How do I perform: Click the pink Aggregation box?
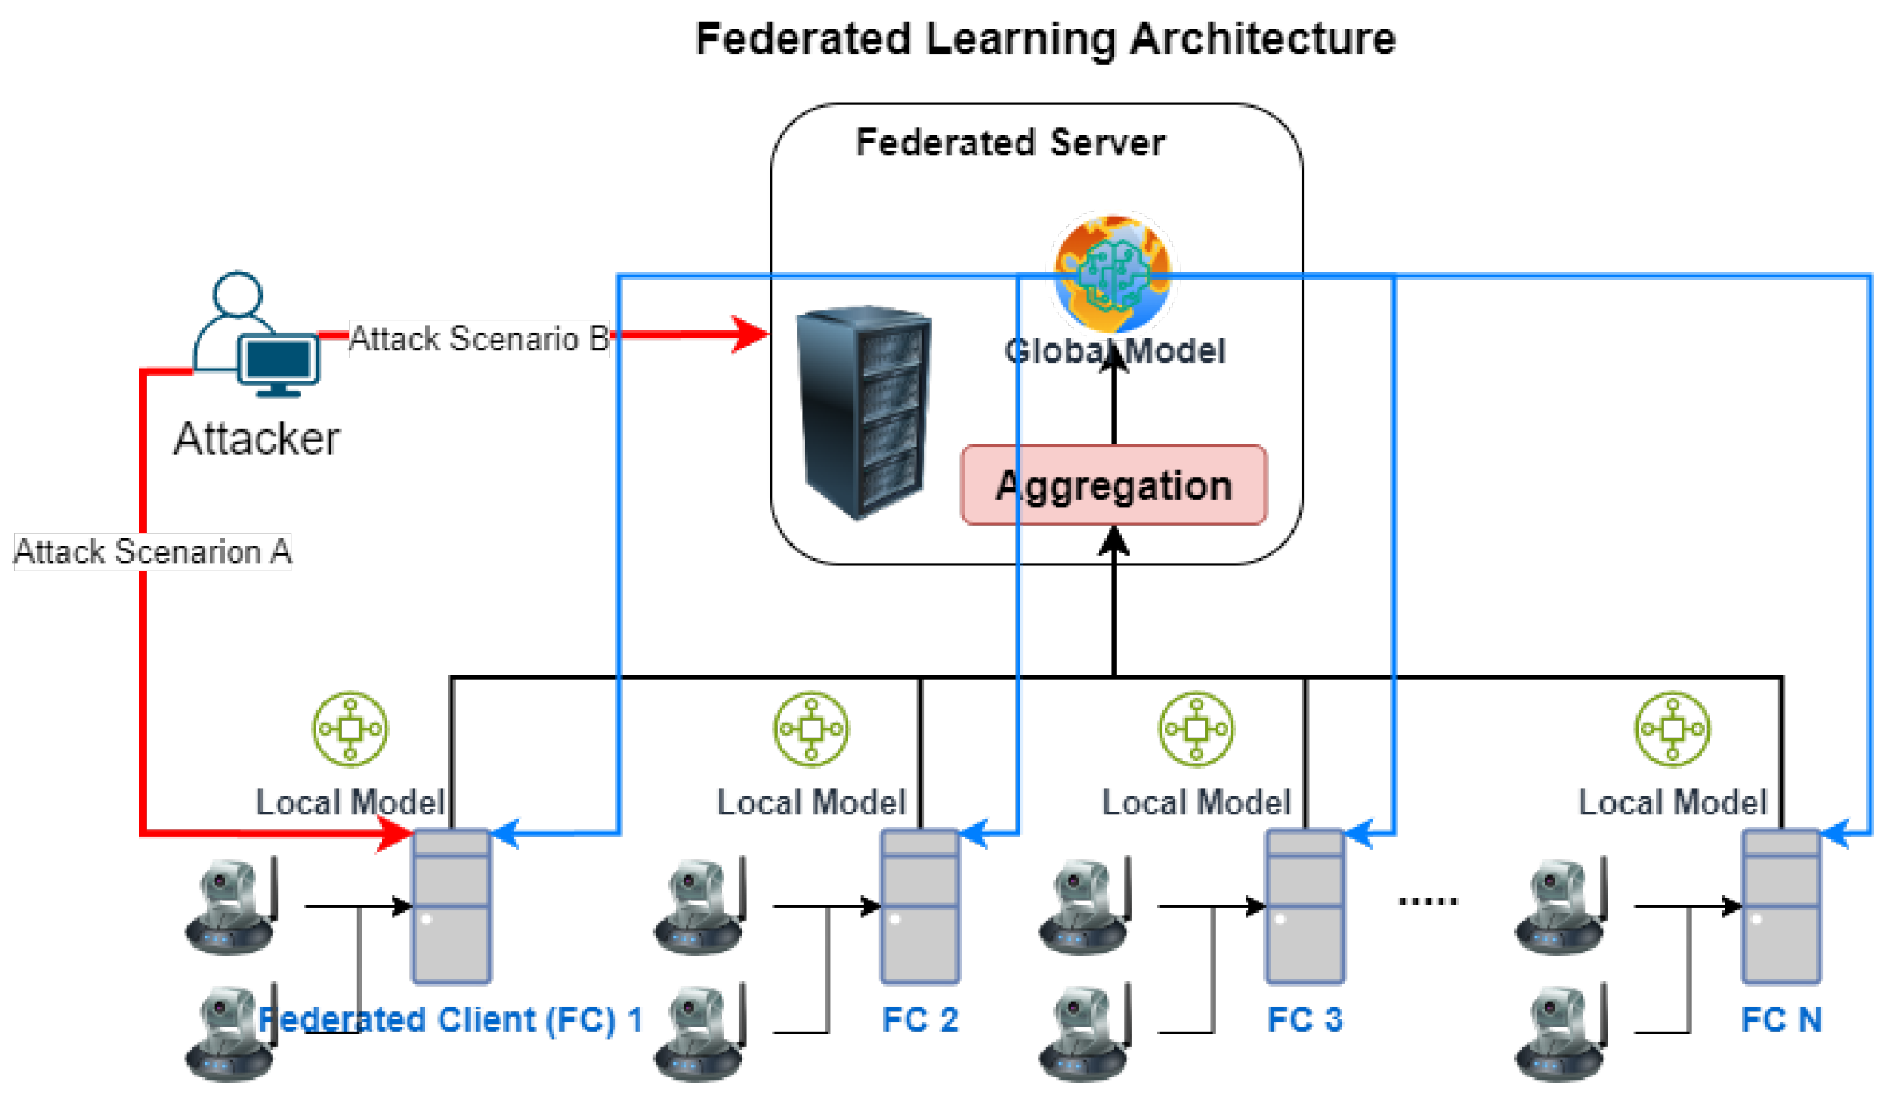[x=1113, y=485]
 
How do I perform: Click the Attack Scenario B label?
[x=479, y=339]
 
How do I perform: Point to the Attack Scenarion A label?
[x=152, y=552]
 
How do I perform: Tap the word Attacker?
[x=257, y=439]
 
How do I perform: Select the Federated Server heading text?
[x=1009, y=143]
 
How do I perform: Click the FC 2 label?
[x=919, y=1020]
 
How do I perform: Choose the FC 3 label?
[x=1305, y=1020]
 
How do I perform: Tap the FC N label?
[x=1781, y=1020]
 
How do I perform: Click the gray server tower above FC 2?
[x=919, y=906]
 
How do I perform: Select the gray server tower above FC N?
[x=1781, y=906]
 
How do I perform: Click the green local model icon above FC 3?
[x=1196, y=729]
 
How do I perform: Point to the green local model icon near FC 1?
[x=350, y=729]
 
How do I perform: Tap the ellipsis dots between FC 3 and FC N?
[x=1428, y=901]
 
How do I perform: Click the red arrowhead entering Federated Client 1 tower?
[x=395, y=834]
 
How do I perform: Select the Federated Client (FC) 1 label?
[x=451, y=1020]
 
